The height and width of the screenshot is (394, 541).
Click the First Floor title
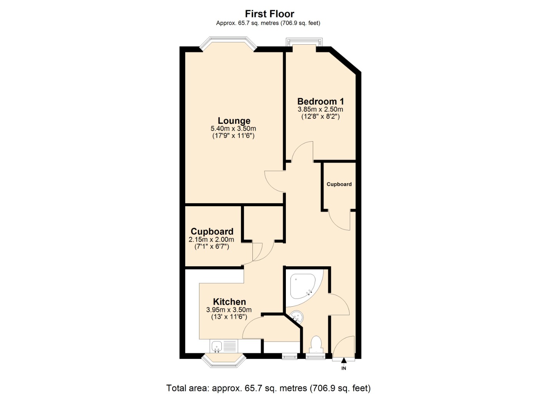click(x=269, y=14)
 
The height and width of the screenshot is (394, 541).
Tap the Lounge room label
click(x=234, y=121)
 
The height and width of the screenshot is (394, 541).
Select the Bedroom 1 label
click(x=320, y=102)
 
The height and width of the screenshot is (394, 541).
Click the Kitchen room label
click(x=229, y=302)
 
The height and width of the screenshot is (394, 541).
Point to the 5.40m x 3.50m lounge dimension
click(x=233, y=129)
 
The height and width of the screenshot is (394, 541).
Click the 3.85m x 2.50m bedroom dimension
click(x=320, y=110)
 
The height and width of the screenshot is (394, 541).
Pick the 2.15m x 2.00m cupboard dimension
click(x=211, y=240)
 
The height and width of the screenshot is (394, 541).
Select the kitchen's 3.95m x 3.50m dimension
click(x=229, y=310)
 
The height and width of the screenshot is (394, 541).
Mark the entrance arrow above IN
click(x=344, y=361)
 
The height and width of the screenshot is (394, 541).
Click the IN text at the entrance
click(x=344, y=369)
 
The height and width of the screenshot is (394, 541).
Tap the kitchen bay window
click(x=224, y=361)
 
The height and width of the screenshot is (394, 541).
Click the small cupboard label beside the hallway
click(x=339, y=184)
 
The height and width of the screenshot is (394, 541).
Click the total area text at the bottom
click(x=268, y=388)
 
